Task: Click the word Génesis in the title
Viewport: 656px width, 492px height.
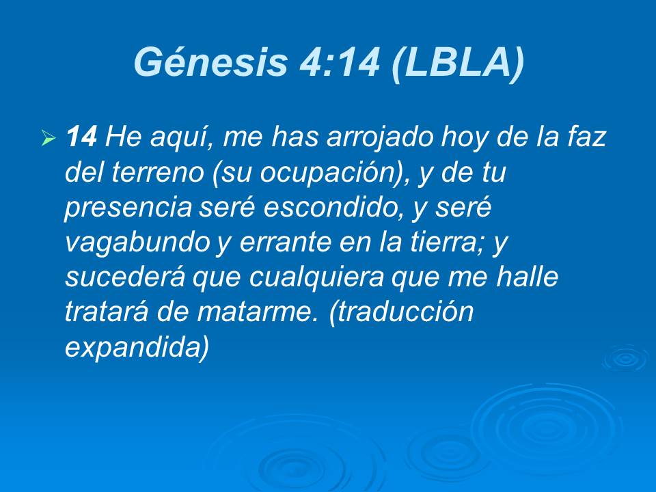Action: pyautogui.click(x=209, y=62)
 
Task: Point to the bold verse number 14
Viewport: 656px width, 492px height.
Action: pyautogui.click(x=81, y=139)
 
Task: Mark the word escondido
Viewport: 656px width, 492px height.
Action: pyautogui.click(x=325, y=208)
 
